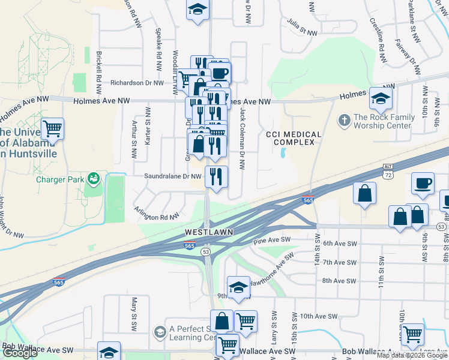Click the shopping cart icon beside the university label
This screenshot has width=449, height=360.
[x=53, y=128]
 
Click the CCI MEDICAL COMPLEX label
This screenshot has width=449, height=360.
[x=290, y=138]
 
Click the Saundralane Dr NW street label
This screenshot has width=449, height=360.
[x=172, y=176]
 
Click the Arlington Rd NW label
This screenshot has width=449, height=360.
[x=157, y=214]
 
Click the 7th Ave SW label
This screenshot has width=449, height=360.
[x=340, y=262]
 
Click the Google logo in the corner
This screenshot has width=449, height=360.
[x=19, y=353]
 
